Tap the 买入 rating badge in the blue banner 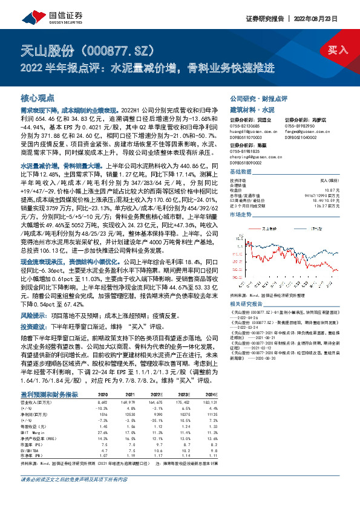[338, 49]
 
